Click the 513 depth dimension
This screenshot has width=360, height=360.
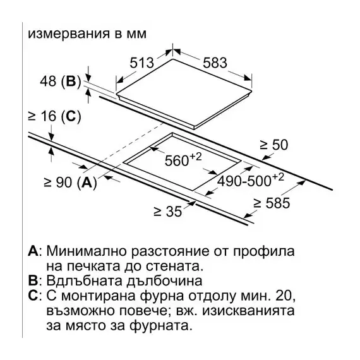pos(141,63)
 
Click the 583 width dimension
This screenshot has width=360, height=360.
pos(215,63)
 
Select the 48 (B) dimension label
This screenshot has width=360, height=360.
pos(61,81)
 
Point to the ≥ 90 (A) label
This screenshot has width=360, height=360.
pos(71,183)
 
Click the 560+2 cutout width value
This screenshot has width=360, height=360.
pos(183,159)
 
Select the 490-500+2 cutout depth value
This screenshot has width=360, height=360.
pos(251,180)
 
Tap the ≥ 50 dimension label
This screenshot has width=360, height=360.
pos(274,145)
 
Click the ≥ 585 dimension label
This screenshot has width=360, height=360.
pos(272,203)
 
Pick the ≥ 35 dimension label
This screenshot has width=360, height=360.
pos(168,211)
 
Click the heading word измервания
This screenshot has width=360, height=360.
pos(69,33)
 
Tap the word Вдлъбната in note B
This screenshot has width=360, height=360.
pos(84,280)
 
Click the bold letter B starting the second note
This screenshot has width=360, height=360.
pos(33,280)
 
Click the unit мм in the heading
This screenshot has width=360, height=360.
pos(136,34)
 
